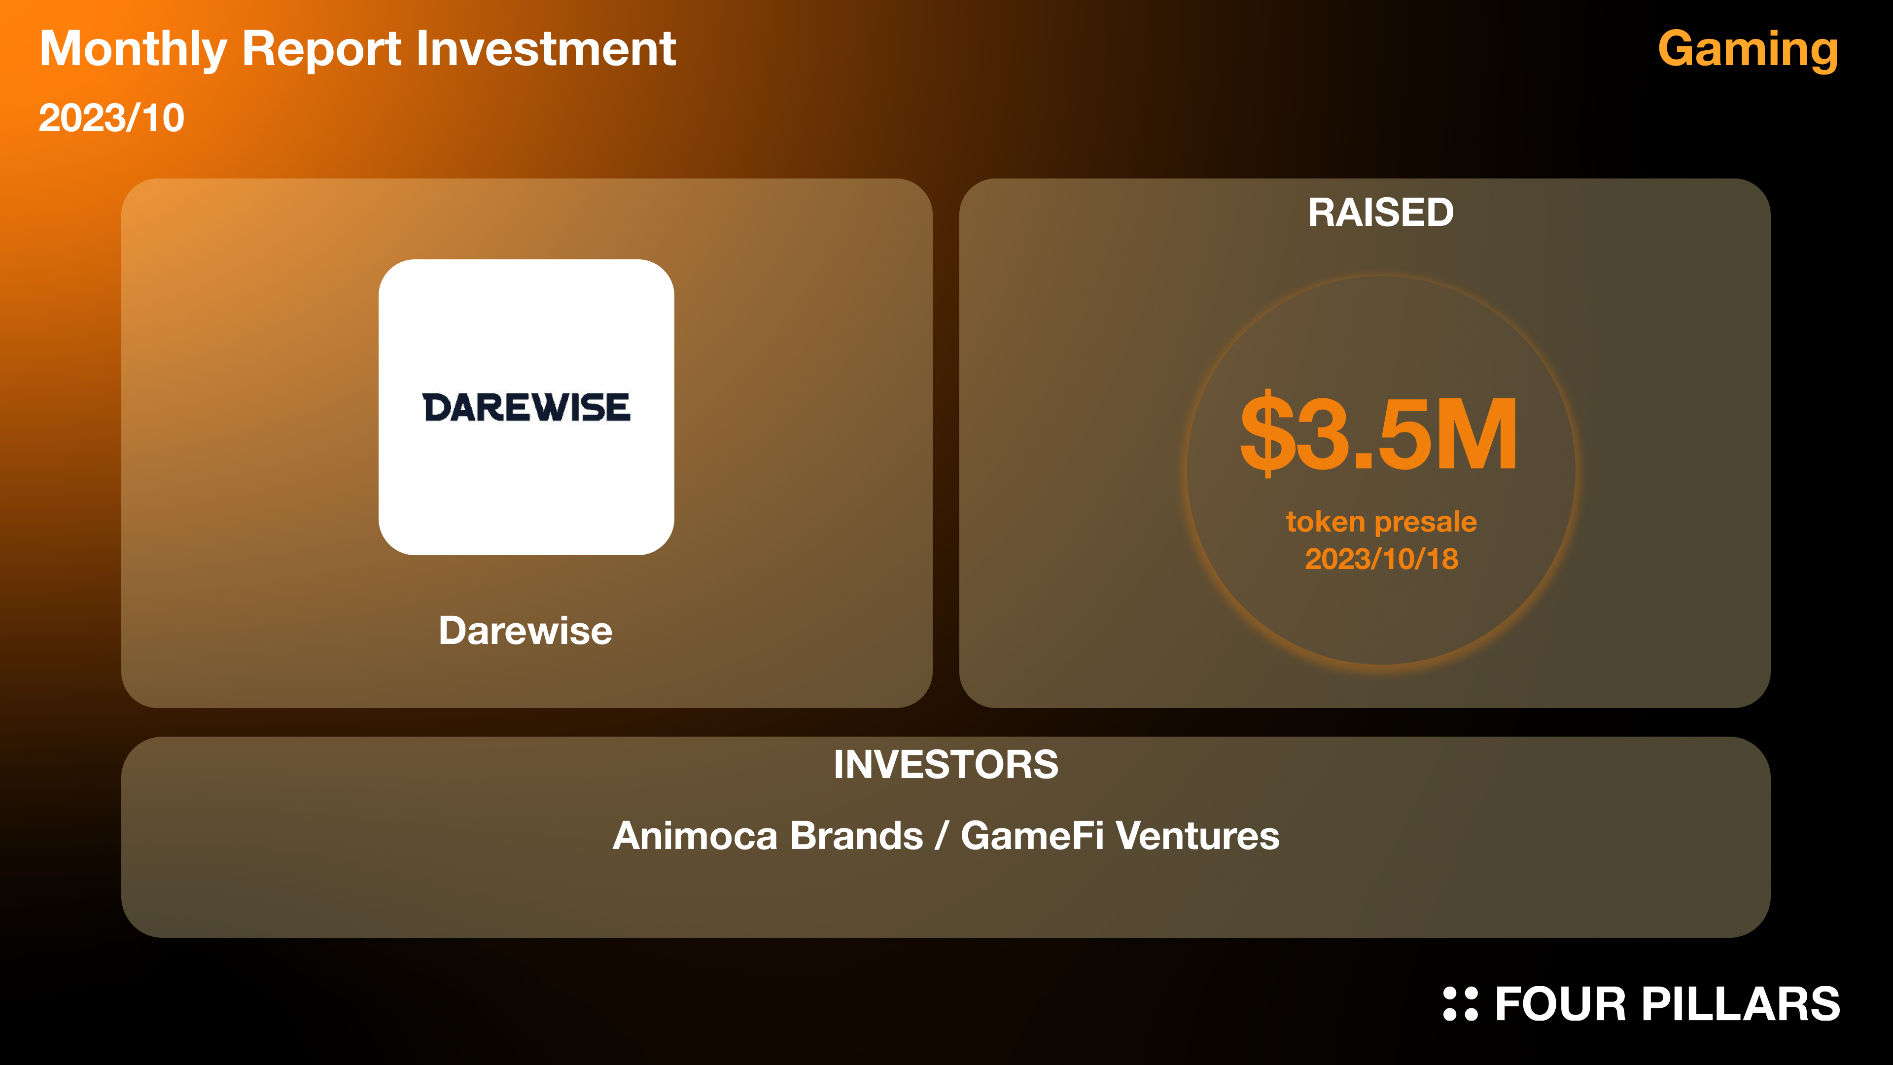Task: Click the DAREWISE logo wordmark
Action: (x=526, y=407)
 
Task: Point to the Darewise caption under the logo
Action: (x=526, y=631)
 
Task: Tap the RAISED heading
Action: (x=1381, y=213)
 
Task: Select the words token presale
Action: (x=1381, y=522)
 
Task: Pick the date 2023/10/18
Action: (x=1381, y=559)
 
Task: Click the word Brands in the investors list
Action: (x=857, y=836)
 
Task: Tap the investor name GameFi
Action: (x=1032, y=836)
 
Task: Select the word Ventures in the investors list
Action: (x=1198, y=836)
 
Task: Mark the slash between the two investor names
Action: (x=942, y=836)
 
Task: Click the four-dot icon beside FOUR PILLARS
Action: (x=1460, y=1004)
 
